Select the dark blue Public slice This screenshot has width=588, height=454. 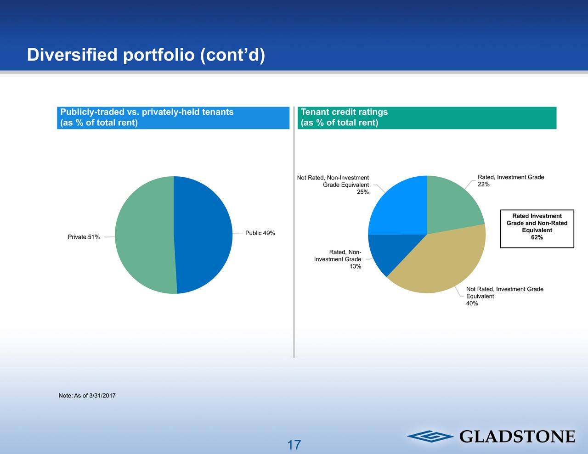pos(203,235)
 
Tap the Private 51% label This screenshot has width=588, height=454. pos(84,237)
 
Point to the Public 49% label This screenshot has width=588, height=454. pos(260,233)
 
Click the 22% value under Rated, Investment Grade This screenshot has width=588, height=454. pos(484,185)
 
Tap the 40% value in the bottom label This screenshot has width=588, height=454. pos(472,303)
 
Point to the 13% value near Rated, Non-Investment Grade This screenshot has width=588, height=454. pos(355,266)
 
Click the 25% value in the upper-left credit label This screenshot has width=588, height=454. pos(362,192)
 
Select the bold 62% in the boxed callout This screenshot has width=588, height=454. pos(537,237)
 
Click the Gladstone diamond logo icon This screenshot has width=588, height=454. pos(430,437)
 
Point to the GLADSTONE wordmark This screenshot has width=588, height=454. pos(517,437)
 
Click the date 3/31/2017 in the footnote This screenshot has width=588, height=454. pos(102,396)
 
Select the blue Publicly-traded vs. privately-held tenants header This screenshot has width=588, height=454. pos(173,118)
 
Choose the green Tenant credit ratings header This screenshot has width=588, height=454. pos(427,118)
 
